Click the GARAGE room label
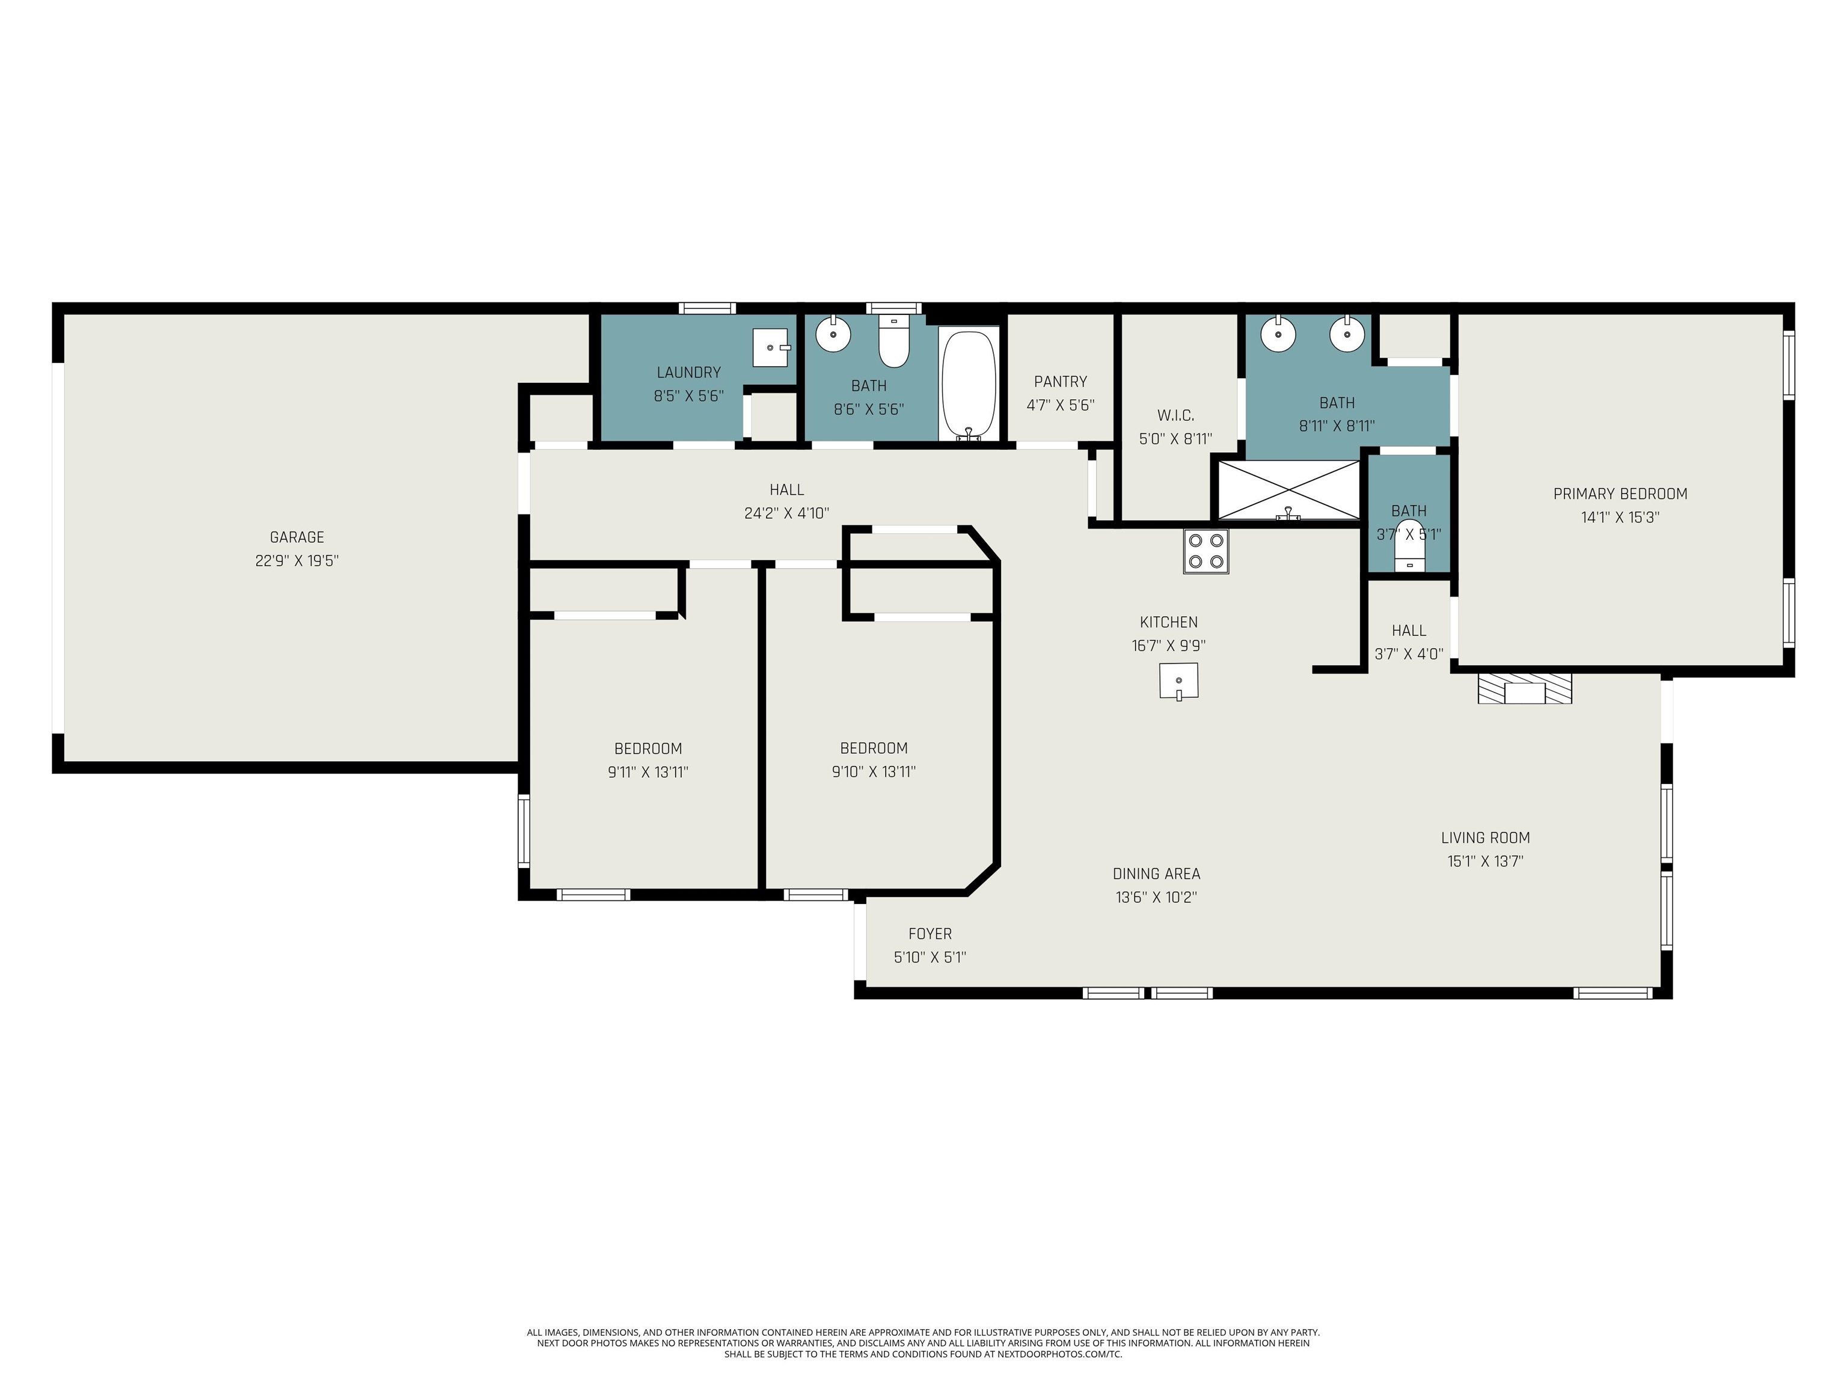pyautogui.click(x=296, y=537)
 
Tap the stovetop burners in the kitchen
pyautogui.click(x=1205, y=552)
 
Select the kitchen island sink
pyautogui.click(x=1178, y=681)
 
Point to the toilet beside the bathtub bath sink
pyautogui.click(x=893, y=342)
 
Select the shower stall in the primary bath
pyautogui.click(x=1289, y=490)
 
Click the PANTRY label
pyautogui.click(x=1061, y=382)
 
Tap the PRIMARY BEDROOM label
pyautogui.click(x=1620, y=494)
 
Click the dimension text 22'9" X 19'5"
pyautogui.click(x=296, y=561)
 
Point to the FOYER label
pyautogui.click(x=930, y=934)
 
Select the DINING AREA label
pyautogui.click(x=1156, y=874)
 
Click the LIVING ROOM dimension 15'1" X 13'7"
pyautogui.click(x=1486, y=861)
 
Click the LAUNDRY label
pyautogui.click(x=688, y=372)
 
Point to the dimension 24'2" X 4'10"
pyautogui.click(x=786, y=513)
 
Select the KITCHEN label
pyautogui.click(x=1169, y=623)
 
